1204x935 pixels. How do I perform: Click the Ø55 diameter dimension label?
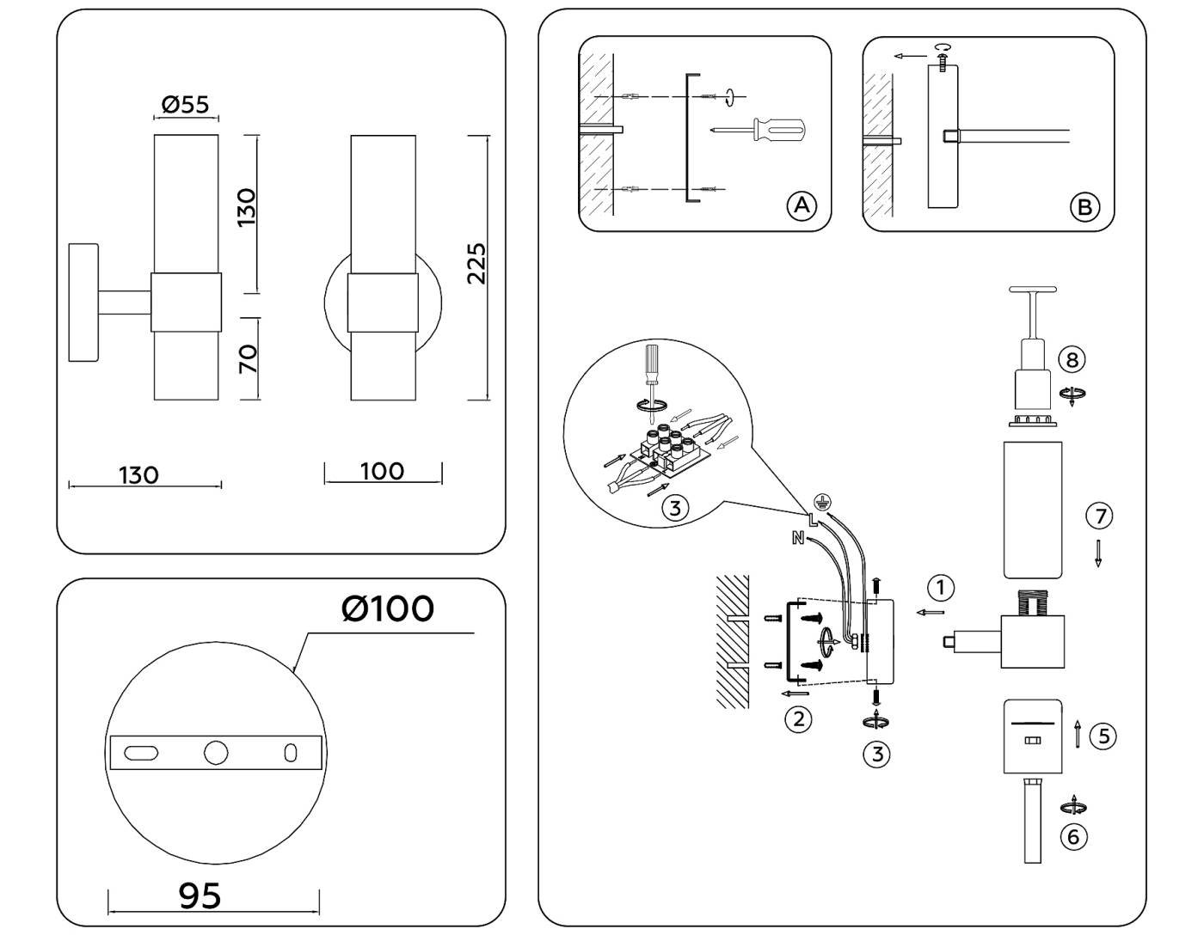pos(185,105)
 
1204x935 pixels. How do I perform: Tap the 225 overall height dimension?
pos(476,264)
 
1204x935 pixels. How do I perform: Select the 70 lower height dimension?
pos(248,358)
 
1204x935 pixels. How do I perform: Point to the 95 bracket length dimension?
pos(200,895)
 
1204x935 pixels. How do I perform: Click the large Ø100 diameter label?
pos(388,608)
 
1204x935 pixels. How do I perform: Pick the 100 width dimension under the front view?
pos(382,471)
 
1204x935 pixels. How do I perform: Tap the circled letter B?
pos(1084,207)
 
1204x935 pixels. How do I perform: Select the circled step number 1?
pos(941,588)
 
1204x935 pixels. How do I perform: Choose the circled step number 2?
pos(798,718)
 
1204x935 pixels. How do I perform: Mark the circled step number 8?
pos(1072,359)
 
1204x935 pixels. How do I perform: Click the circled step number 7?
pos(1098,516)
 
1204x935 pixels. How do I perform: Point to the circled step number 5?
pos(1103,736)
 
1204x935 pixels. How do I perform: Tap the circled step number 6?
pos(1073,836)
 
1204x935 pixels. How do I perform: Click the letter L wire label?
pos(813,518)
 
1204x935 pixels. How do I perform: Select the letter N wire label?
pos(797,539)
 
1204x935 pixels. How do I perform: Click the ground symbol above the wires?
pos(821,500)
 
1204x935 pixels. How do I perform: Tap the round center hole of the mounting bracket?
pos(216,753)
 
